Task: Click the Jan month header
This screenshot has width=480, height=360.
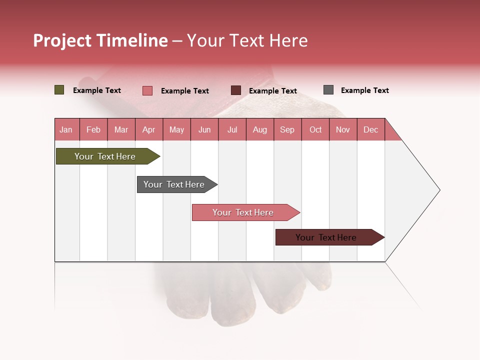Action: pyautogui.click(x=66, y=129)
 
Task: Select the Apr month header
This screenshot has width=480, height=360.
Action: pyautogui.click(x=149, y=129)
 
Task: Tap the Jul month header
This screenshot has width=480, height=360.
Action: pyautogui.click(x=232, y=129)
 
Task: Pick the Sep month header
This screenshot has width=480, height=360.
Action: pyautogui.click(x=287, y=129)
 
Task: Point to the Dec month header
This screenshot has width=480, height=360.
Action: pyautogui.click(x=370, y=129)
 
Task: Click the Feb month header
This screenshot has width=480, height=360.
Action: pyautogui.click(x=93, y=129)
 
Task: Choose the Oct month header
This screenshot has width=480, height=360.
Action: pyautogui.click(x=315, y=129)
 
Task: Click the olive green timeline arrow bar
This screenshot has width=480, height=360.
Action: pyautogui.click(x=105, y=156)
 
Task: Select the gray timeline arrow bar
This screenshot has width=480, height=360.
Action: pyautogui.click(x=174, y=184)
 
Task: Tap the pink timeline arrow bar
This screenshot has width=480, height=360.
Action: pyautogui.click(x=243, y=212)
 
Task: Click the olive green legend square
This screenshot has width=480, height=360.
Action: pyautogui.click(x=59, y=90)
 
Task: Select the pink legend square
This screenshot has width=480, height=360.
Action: pyautogui.click(x=147, y=90)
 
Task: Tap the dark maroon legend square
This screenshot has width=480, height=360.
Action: pyautogui.click(x=236, y=90)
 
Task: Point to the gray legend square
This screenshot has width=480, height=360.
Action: pyautogui.click(x=328, y=90)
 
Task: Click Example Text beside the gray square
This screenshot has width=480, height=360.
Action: pyautogui.click(x=364, y=90)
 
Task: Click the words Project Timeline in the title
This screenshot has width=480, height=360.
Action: pyautogui.click(x=100, y=40)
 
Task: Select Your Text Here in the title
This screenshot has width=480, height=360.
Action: pyautogui.click(x=247, y=40)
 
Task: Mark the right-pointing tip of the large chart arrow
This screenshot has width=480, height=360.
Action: pyautogui.click(x=438, y=190)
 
